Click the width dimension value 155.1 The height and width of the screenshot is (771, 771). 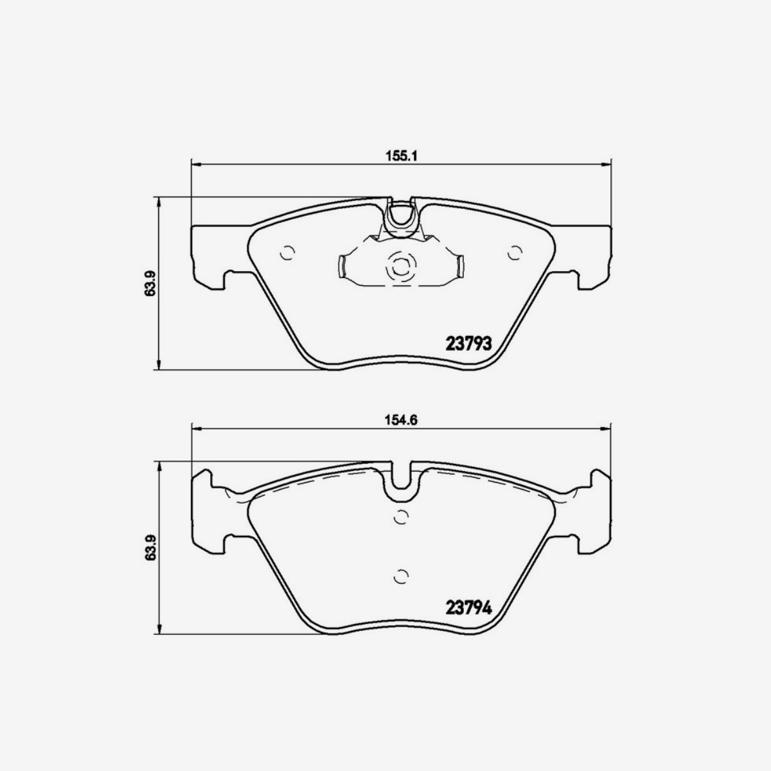point(402,155)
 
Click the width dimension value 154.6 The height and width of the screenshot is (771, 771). point(402,420)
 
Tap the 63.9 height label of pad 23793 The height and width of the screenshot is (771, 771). point(150,283)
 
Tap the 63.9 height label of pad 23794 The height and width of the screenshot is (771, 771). point(150,548)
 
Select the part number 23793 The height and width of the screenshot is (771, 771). point(468,343)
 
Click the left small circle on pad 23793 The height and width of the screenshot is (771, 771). point(287,253)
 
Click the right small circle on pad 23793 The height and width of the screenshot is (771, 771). point(515,253)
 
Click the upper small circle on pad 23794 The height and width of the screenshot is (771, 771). point(401,517)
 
